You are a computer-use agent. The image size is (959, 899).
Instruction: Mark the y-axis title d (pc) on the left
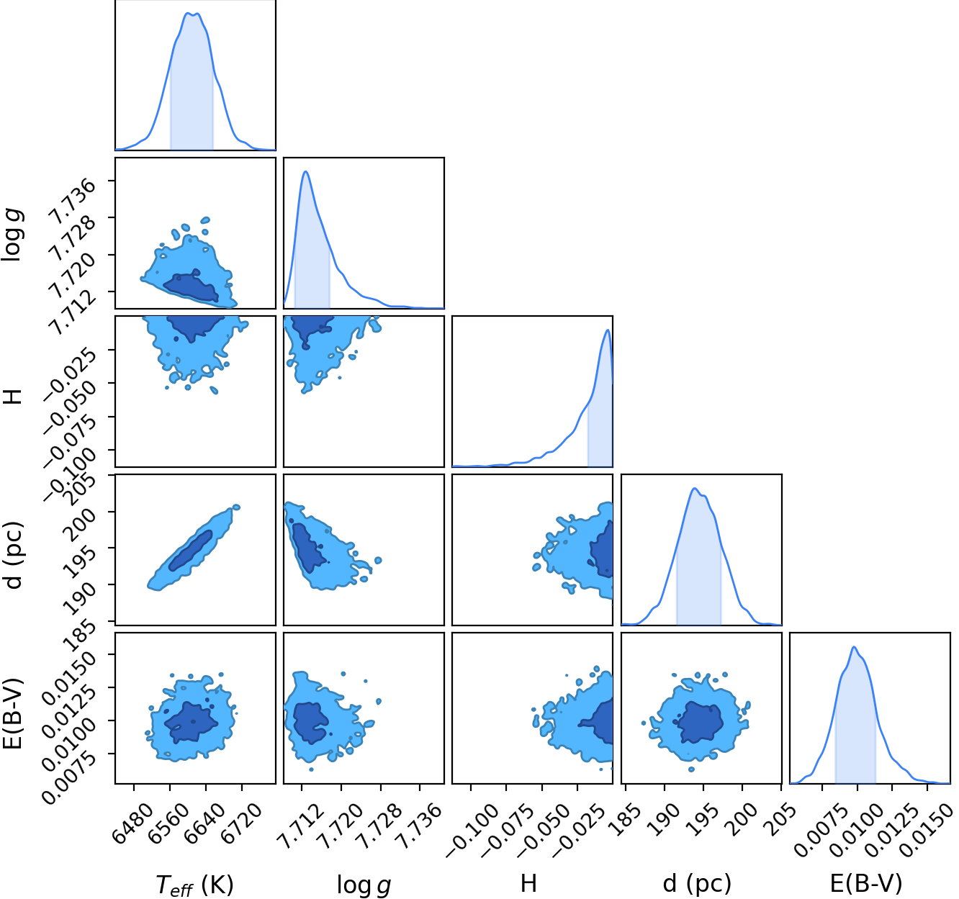[x=14, y=555]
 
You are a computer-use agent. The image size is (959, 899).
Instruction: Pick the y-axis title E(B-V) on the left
[x=14, y=714]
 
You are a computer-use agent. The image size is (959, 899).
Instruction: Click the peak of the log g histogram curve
[x=305, y=171]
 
